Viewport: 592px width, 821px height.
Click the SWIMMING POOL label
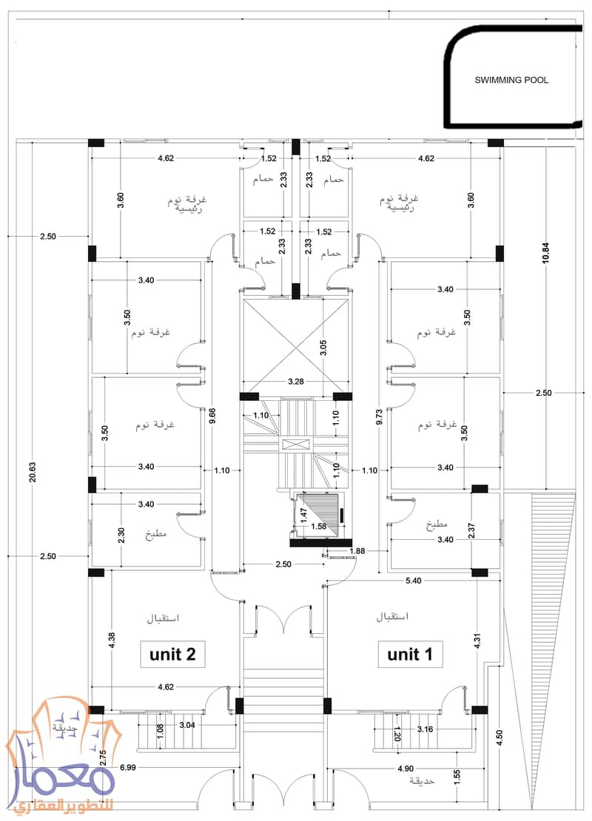(x=511, y=80)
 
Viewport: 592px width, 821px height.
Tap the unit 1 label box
(x=410, y=654)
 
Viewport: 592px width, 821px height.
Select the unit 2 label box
(x=172, y=654)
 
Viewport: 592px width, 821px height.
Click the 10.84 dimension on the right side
(x=545, y=252)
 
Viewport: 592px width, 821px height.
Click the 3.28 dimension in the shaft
(x=296, y=381)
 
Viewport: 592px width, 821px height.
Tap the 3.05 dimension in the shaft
(x=323, y=348)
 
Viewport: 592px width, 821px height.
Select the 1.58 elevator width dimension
(x=319, y=526)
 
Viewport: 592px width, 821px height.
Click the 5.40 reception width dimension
(x=414, y=580)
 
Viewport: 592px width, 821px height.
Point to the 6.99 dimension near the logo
(x=128, y=768)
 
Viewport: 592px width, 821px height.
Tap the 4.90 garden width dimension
(x=406, y=768)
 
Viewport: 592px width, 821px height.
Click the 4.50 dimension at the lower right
(x=499, y=737)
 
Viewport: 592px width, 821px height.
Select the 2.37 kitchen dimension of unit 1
(x=471, y=530)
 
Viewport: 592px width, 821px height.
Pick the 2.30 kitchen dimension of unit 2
(x=121, y=535)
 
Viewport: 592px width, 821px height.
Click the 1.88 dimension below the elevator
(x=357, y=551)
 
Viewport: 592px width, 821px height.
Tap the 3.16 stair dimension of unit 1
(x=425, y=729)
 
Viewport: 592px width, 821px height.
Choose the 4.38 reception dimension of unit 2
(x=111, y=641)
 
